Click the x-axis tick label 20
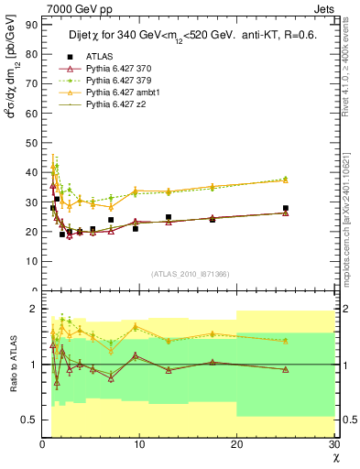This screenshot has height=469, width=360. point(237,444)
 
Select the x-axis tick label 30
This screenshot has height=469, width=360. point(333,444)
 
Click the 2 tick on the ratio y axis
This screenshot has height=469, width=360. point(33,309)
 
